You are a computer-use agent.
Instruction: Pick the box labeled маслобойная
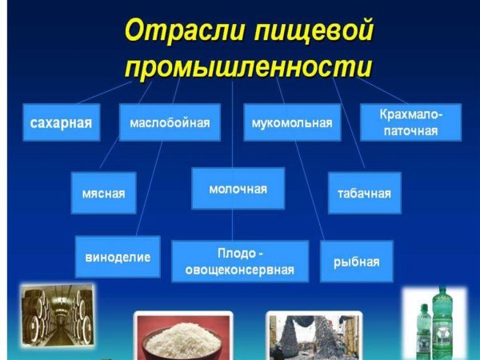pos(170,122)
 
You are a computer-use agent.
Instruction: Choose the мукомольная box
pos(291,122)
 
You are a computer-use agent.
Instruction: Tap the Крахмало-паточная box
pos(410,122)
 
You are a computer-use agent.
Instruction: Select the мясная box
pos(103,193)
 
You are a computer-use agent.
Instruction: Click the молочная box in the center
pos(238,189)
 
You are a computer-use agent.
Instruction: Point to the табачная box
pos(364,193)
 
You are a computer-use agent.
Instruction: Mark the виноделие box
pos(118,257)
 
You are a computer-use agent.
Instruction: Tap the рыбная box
pos(357,261)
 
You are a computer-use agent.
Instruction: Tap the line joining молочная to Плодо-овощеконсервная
pos(233,226)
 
